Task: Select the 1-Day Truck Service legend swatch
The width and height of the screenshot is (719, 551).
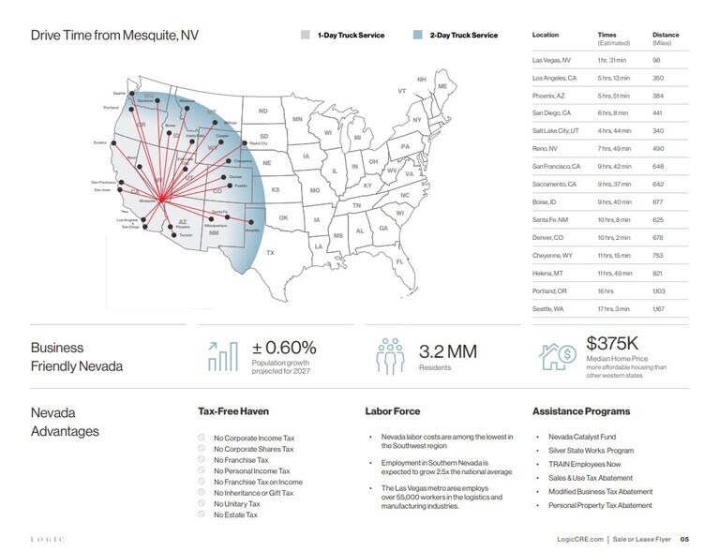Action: (x=305, y=35)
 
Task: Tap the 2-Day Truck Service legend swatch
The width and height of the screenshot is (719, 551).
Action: (x=417, y=35)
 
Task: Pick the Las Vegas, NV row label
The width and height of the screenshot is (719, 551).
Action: (x=550, y=60)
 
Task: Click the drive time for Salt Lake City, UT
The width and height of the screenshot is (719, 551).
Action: (x=614, y=130)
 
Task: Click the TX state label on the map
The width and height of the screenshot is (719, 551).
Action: (x=270, y=253)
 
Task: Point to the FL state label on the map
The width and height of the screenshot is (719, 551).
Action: (x=399, y=261)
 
